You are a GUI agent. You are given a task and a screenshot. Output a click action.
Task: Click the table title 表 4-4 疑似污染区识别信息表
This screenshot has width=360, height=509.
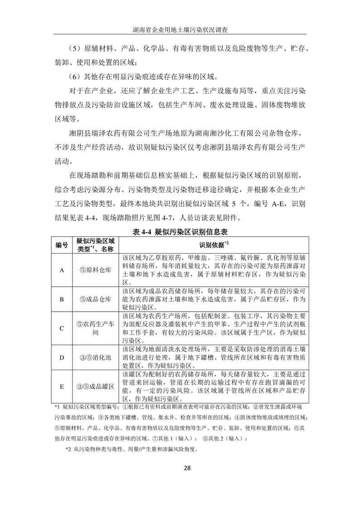(180, 232)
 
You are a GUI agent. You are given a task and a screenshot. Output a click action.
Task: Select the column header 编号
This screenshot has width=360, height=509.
(62, 245)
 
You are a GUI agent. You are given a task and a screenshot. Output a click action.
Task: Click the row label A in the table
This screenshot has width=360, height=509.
(62, 270)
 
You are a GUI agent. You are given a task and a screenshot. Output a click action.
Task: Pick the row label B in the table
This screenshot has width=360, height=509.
(62, 299)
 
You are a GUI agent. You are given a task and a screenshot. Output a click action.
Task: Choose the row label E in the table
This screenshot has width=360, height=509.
(62, 387)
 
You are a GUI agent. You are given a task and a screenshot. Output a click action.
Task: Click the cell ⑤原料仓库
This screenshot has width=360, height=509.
(95, 270)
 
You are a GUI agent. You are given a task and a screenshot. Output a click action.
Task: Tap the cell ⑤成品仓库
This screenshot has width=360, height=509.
(95, 299)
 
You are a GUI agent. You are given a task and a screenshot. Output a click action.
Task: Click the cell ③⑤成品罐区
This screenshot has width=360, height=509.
(95, 387)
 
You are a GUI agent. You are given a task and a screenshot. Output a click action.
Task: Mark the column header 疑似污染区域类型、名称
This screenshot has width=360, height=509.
(95, 245)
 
